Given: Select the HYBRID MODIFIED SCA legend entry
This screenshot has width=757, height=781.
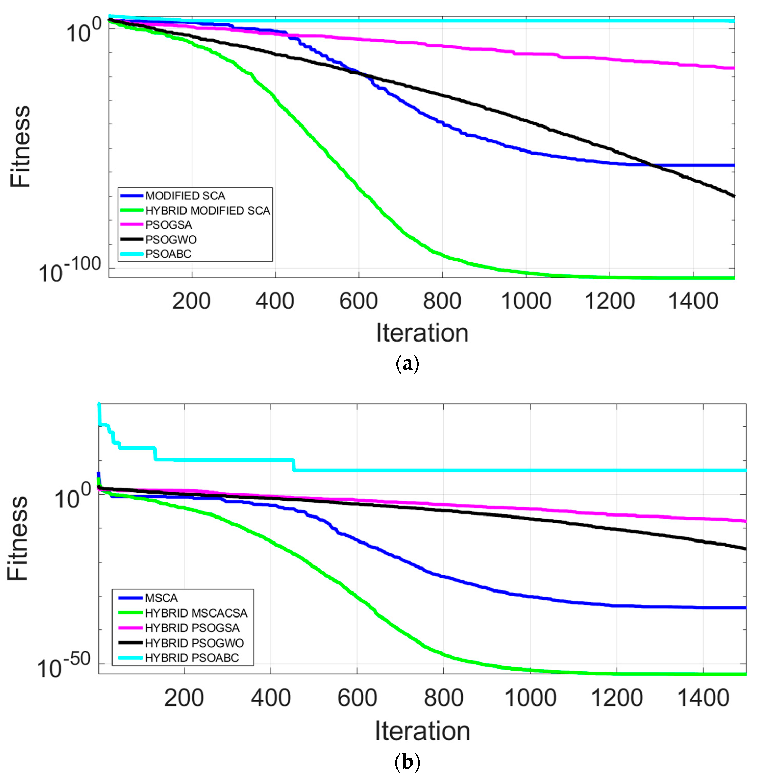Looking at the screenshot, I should coord(207,210).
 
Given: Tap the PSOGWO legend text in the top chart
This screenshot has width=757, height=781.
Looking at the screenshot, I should coord(171,240).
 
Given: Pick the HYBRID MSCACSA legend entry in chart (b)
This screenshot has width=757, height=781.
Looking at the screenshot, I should coord(196,613).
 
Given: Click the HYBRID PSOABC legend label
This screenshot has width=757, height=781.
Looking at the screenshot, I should coord(192,658).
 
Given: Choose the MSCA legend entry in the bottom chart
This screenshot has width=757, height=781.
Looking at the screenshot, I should coord(161,598).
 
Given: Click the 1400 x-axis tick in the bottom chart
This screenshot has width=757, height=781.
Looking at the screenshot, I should coord(703,698).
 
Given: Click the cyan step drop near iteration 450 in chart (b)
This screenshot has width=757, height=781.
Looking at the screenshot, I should coord(294,465).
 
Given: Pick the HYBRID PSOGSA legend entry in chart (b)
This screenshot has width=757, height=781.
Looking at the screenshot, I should coord(192,628).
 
